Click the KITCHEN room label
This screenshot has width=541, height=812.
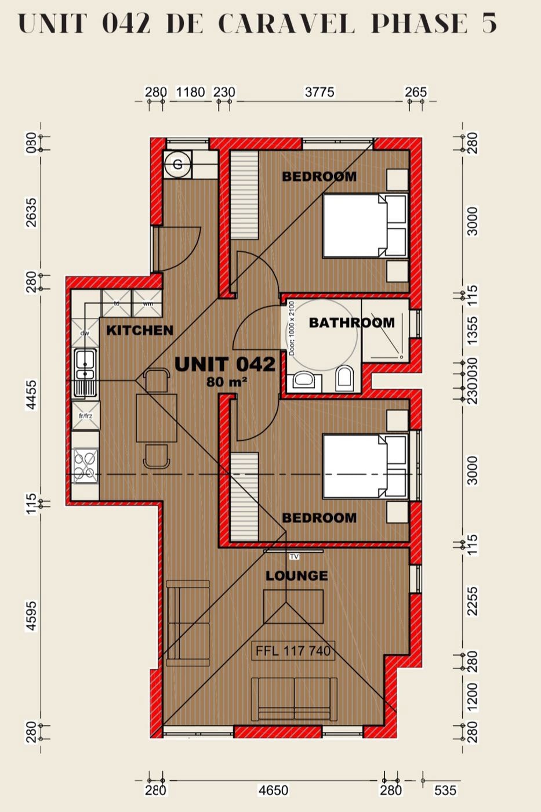pos(140,330)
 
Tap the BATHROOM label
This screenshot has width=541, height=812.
pos(351,322)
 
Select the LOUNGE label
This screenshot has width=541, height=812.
pos(297,575)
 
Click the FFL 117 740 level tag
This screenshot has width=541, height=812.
pos(293,651)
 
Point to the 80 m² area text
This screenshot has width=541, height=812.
pos(227,382)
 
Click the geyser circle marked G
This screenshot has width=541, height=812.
pos(177,164)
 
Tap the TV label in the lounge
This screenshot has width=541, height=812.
pos(294,557)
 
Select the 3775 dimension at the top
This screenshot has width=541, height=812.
pos(319,92)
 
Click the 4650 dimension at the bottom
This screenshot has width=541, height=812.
pos(273,790)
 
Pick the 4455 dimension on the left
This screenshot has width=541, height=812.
pos(31,394)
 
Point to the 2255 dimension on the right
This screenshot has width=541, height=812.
pos(473,601)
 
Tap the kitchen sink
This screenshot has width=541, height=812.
pos(85,374)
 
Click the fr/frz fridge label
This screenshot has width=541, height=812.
pos(85,416)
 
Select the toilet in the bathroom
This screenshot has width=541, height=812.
pos(344,378)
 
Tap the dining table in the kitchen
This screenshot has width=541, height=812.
pos(157,418)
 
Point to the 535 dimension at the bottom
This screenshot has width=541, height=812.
pos(445,790)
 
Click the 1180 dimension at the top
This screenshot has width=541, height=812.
pos(190,92)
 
